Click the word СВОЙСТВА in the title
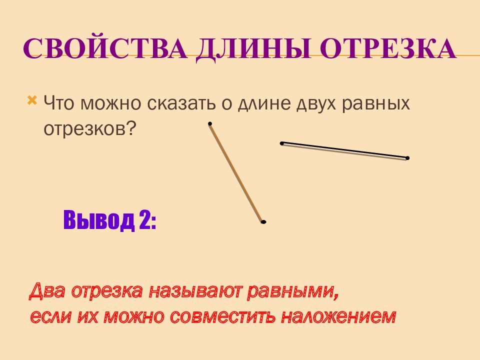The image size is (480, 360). tap(105, 48)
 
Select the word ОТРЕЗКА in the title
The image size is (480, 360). tap(388, 48)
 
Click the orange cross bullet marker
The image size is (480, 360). tap(32, 100)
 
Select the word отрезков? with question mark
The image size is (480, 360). tap(89, 128)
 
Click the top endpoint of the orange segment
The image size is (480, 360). tap(210, 123)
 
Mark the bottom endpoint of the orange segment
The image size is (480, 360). tap(263, 222)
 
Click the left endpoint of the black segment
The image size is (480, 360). tap(282, 143)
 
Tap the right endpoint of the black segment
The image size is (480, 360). tap(407, 158)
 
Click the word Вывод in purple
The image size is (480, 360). tap(99, 220)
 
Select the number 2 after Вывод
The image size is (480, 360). tap(145, 220)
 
